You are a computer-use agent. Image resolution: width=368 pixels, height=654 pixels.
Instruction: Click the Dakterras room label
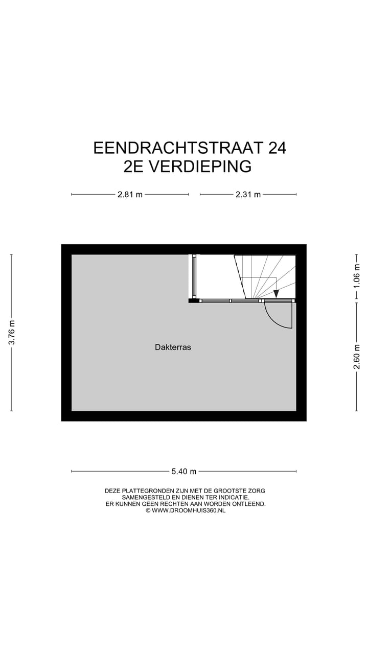point(173,347)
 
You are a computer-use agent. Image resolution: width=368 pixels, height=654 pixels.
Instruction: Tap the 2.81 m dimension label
point(130,194)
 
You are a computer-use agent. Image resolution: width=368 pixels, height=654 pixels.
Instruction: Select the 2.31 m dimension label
point(248,194)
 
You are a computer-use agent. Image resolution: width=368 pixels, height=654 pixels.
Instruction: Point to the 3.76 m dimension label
point(12,333)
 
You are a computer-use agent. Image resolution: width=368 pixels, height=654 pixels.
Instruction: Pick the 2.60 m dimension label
point(357,356)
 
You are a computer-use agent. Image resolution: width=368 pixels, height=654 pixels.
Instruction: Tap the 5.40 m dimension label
point(183,471)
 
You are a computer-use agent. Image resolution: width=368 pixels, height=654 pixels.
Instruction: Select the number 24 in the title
point(277,148)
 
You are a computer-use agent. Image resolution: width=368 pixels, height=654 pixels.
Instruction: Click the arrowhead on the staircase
point(276,293)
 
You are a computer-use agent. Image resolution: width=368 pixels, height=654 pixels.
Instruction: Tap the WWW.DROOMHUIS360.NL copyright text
point(188,510)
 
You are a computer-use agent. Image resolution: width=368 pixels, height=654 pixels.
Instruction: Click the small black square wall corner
point(194,300)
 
